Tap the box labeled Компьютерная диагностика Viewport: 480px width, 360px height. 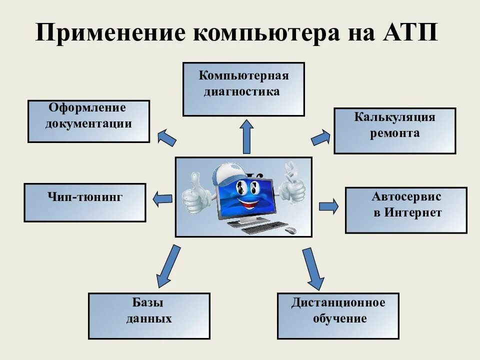coord(243,89)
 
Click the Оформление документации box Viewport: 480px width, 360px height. coord(88,121)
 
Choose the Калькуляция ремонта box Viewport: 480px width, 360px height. coord(394,130)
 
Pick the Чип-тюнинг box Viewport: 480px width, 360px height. coord(85,202)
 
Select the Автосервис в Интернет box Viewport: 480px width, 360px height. coord(406,210)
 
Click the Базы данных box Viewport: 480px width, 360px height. coord(149,316)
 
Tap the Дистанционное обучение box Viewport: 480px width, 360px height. coord(338,316)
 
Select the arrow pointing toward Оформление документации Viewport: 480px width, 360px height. coord(166,137)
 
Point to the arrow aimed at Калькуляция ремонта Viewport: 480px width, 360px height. coord(320,137)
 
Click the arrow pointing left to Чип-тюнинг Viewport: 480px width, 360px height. coord(162,198)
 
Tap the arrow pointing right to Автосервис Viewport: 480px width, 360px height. coord(328,205)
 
